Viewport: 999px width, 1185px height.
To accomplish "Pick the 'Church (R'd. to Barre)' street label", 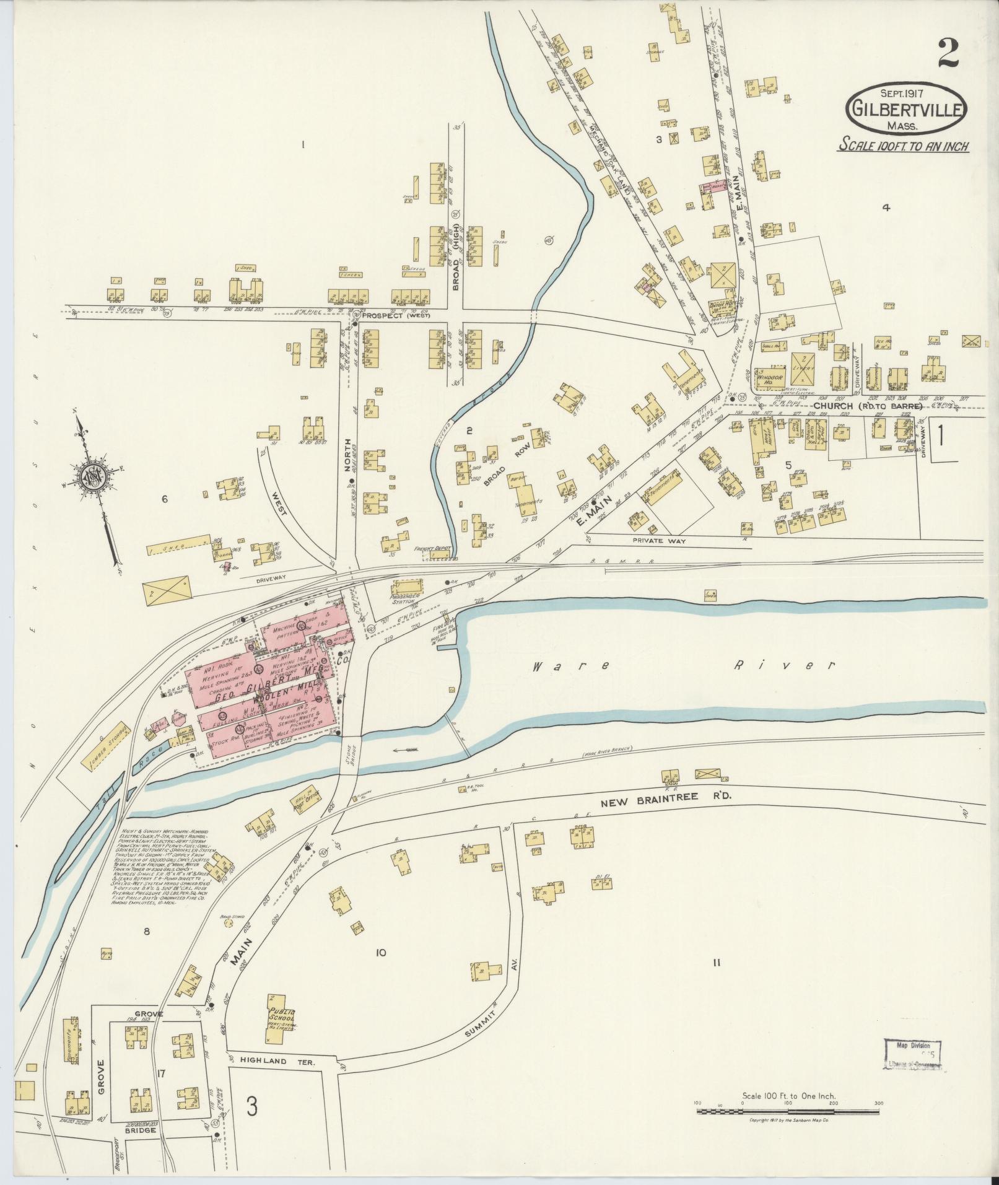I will pos(868,406).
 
